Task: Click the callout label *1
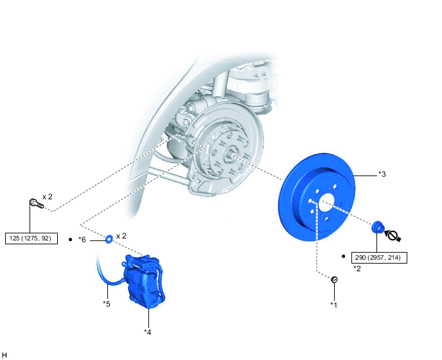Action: [333, 304]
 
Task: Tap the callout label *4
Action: [148, 332]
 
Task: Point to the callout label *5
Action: [107, 303]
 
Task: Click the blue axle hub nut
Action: [378, 226]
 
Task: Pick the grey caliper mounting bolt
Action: [35, 204]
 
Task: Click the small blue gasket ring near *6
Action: [110, 239]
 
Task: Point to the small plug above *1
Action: [334, 280]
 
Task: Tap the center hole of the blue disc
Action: [324, 201]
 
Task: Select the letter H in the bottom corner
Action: [4, 354]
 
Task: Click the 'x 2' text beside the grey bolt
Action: [48, 196]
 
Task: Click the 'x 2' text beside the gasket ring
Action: [121, 236]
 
